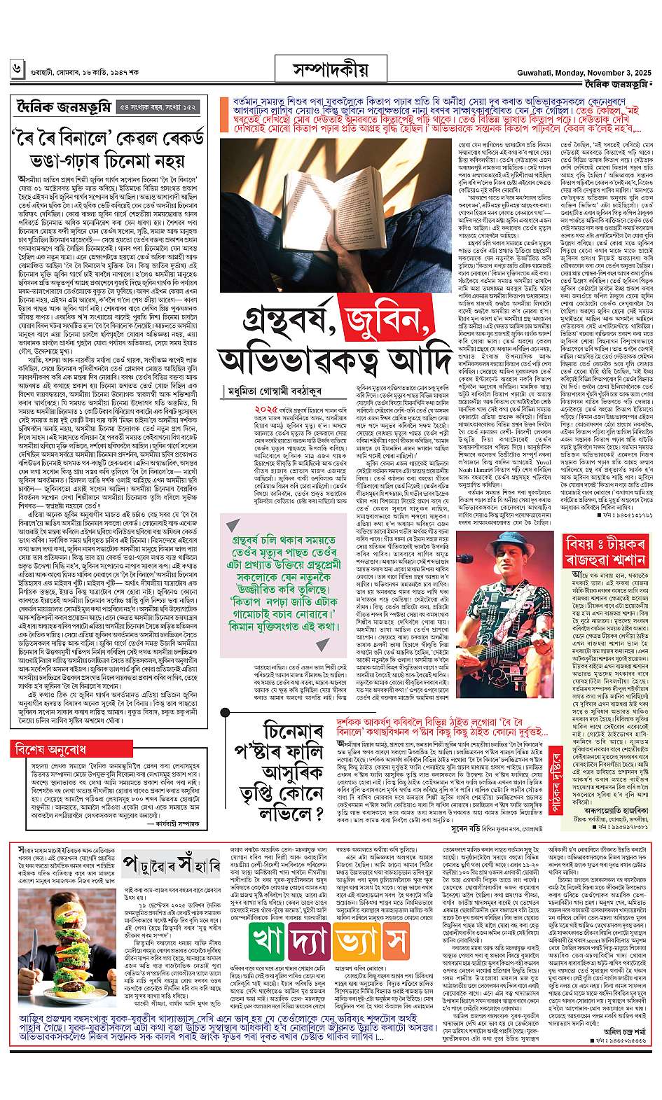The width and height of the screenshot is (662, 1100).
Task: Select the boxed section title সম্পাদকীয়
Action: (330, 70)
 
